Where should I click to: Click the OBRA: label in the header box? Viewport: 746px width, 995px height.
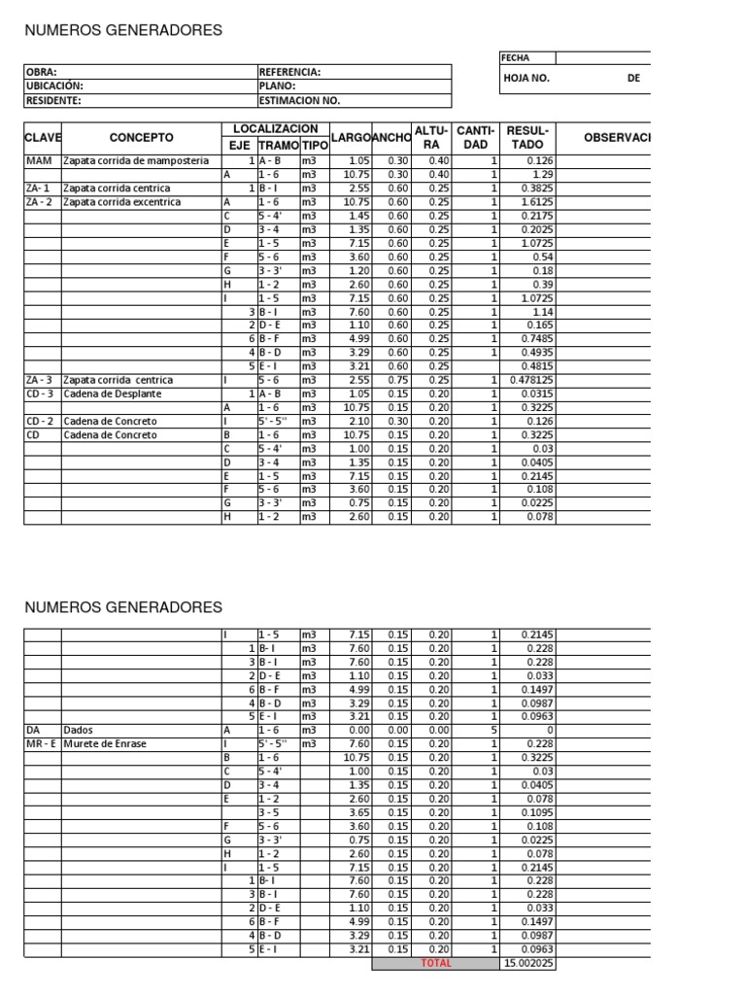(42, 72)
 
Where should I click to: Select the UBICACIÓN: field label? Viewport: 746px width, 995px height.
(52, 86)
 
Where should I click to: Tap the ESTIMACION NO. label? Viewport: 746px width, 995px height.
(300, 99)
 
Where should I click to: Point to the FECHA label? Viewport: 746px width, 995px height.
(516, 58)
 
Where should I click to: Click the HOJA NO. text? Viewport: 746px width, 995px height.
(526, 79)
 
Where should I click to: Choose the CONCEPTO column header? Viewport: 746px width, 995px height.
(141, 138)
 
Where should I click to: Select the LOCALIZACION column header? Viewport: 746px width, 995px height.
(275, 129)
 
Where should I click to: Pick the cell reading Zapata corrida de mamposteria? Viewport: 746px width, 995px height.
(136, 160)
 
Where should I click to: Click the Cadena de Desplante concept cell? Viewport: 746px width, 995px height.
(113, 394)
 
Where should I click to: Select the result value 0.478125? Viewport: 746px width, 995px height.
(530, 380)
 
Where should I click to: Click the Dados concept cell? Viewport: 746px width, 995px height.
(79, 730)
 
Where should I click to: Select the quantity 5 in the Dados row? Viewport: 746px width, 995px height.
(493, 730)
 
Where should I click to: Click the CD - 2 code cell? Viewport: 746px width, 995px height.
(40, 422)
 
